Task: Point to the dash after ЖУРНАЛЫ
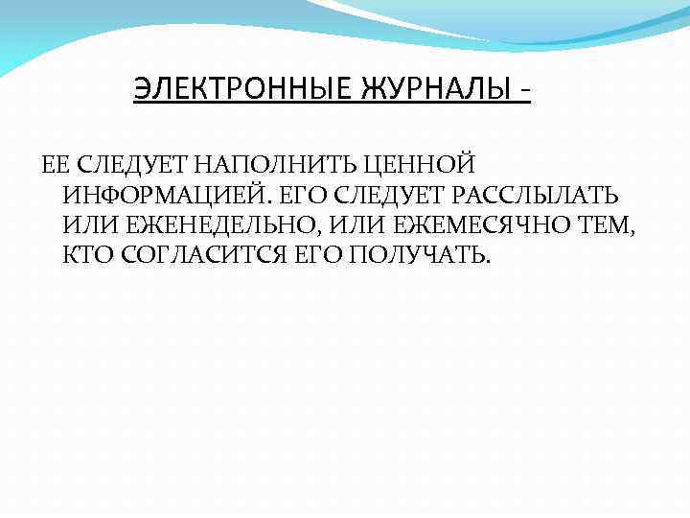click(525, 93)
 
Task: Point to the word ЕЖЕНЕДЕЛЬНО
click(205, 226)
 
